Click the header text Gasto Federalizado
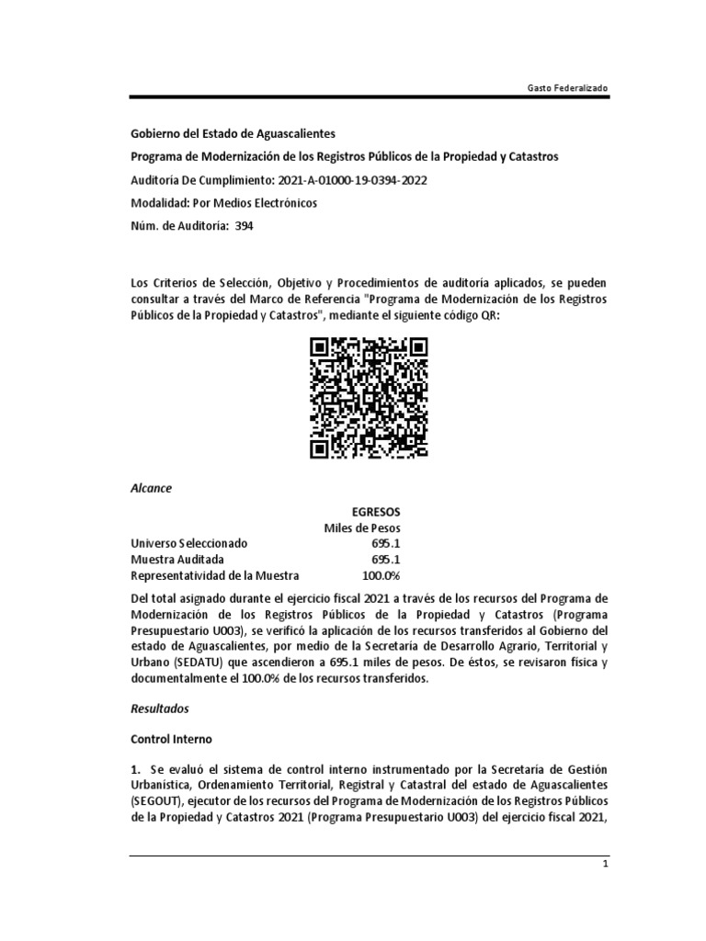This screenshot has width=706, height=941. coord(566,86)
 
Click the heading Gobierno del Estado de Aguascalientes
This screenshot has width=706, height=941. coord(233,134)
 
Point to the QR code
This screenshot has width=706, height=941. coord(369,398)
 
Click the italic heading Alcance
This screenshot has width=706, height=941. coord(152,488)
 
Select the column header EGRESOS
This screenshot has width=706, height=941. coord(376,511)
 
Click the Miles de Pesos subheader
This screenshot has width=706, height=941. coord(361,527)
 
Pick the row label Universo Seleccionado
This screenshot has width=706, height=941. coord(188,543)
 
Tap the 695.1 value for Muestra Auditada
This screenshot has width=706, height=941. coord(383,559)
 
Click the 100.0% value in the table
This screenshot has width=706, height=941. coord(381,575)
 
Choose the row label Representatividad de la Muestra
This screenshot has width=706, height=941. coord(215,575)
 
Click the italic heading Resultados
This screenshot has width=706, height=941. coord(159,709)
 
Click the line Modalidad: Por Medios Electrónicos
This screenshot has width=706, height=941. coord(224,203)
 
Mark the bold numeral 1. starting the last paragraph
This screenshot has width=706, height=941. coord(136,767)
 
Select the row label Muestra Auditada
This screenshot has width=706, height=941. coord(176,559)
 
